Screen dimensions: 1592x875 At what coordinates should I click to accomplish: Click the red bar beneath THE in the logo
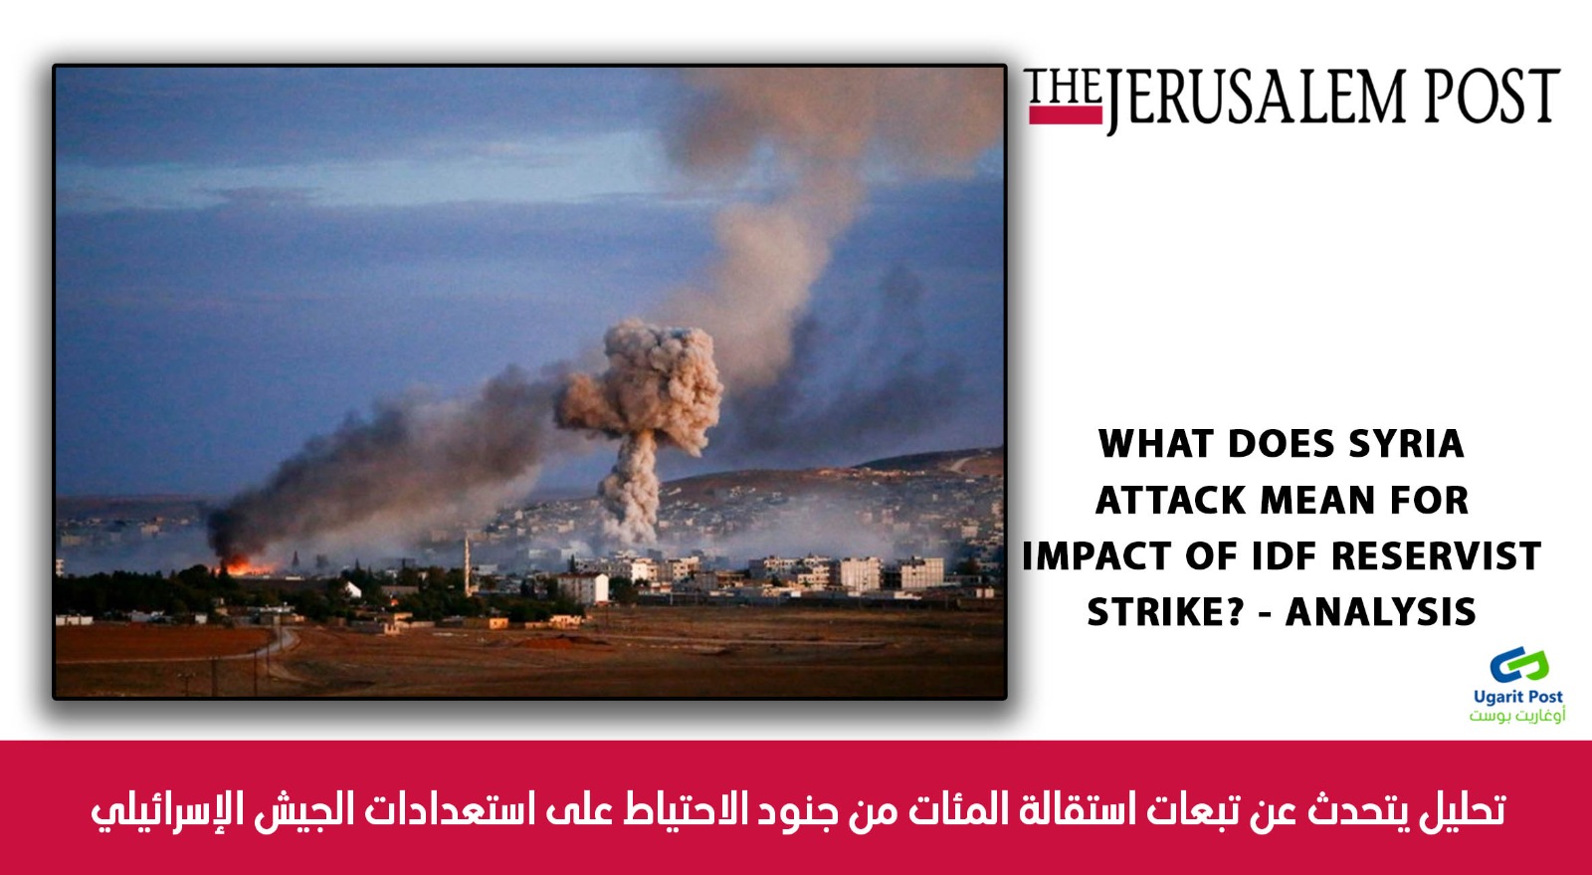[1066, 115]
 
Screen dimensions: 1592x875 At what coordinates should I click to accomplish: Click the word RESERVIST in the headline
[1436, 555]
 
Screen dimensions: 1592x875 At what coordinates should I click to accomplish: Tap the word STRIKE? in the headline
[1164, 612]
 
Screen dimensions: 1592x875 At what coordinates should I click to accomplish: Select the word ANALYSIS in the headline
[1381, 612]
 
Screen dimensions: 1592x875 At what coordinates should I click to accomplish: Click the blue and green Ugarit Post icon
[1518, 665]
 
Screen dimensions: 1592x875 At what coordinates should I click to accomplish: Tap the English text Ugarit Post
[1518, 697]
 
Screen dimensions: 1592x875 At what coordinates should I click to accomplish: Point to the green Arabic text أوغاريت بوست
[1517, 715]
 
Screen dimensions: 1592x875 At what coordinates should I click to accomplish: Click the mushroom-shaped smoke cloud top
[640, 386]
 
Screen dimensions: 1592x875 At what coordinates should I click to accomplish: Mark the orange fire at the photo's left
[244, 566]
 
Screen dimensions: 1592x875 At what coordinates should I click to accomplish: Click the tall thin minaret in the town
[467, 565]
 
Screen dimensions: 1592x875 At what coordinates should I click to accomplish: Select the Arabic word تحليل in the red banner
[1462, 809]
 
